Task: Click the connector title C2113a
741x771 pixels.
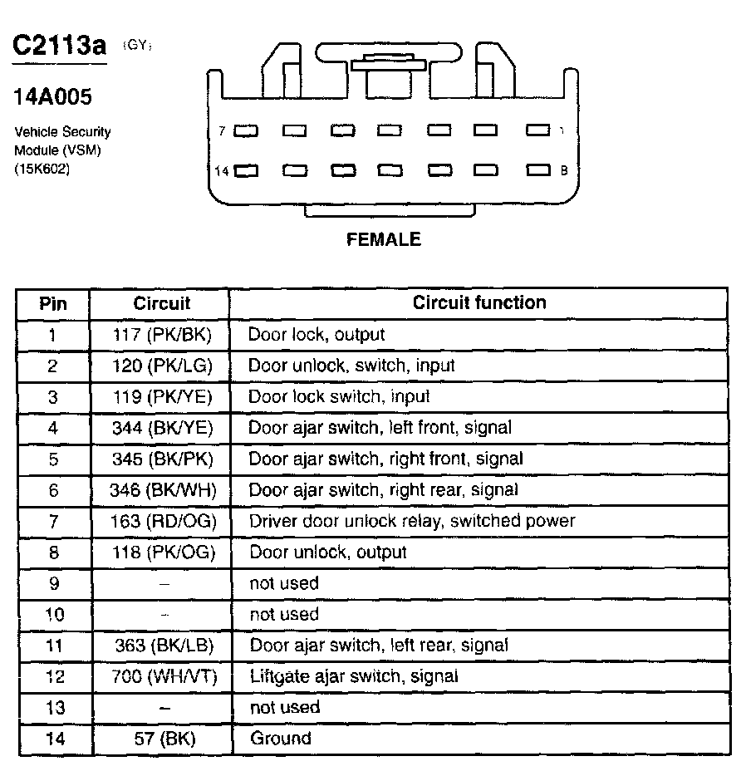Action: tap(59, 46)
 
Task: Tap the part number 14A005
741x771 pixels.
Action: tap(52, 97)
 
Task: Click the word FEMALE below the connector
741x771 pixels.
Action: tap(383, 239)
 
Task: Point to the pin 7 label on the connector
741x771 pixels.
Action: tap(222, 131)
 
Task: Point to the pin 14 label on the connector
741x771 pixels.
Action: tap(222, 171)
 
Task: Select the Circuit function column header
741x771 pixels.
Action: tap(479, 302)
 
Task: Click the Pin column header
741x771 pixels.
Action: tap(53, 303)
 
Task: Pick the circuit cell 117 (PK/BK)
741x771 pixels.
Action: tap(162, 335)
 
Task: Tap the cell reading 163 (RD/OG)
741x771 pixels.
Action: tap(163, 521)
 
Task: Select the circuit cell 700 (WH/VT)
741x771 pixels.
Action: tap(164, 676)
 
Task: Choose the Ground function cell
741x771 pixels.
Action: tap(280, 739)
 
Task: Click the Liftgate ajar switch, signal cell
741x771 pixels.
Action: tap(354, 676)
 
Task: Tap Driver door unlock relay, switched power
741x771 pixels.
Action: tap(412, 521)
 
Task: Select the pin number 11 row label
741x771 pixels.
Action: tap(53, 646)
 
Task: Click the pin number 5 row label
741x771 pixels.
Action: tap(53, 459)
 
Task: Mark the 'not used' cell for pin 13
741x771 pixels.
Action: tap(284, 707)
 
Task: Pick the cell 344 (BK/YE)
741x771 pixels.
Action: tap(163, 428)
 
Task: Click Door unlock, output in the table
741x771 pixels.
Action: tap(328, 552)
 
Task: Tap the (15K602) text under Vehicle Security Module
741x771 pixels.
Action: tap(42, 169)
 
